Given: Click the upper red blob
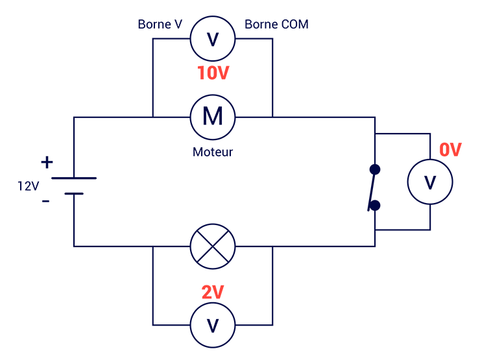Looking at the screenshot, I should point(213,75).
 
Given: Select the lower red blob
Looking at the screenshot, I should point(213,289).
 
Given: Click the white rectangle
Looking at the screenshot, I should point(392,314).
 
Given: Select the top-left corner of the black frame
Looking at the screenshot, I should point(1,1).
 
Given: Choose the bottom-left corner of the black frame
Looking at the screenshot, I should point(1,359).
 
